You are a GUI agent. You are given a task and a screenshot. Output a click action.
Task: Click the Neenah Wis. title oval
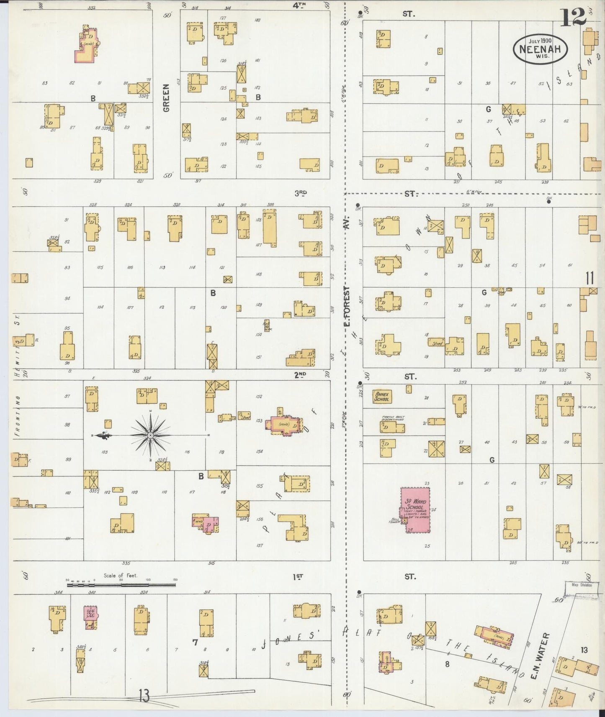pyautogui.click(x=540, y=48)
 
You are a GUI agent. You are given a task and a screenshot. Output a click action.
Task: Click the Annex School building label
pyautogui.click(x=382, y=397)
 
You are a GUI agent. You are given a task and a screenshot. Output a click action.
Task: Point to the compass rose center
pyautogui.click(x=150, y=435)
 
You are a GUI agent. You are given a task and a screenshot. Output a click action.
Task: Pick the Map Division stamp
pyautogui.click(x=582, y=585)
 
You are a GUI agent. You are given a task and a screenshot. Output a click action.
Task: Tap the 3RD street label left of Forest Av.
pyautogui.click(x=300, y=193)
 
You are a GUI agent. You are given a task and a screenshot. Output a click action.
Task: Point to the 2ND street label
pyautogui.click(x=300, y=375)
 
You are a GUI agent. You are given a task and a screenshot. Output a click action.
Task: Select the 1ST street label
pyautogui.click(x=298, y=577)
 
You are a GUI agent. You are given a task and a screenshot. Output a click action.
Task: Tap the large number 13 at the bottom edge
pyautogui.click(x=144, y=697)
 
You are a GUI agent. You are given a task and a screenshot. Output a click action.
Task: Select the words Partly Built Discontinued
pyautogui.click(x=393, y=419)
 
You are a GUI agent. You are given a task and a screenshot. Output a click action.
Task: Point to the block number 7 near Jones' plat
pyautogui.click(x=195, y=643)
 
